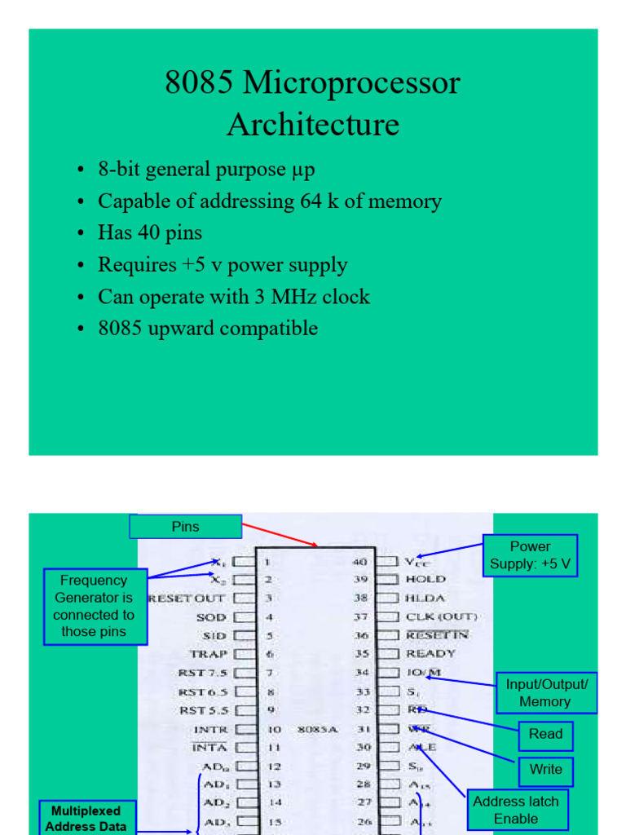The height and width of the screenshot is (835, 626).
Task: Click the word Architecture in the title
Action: point(313,125)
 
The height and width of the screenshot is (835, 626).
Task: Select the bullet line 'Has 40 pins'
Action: point(150,232)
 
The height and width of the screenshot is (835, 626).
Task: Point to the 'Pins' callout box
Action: point(186,527)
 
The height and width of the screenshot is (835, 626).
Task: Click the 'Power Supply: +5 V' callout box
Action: point(530,555)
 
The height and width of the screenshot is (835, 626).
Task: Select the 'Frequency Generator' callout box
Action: point(95,606)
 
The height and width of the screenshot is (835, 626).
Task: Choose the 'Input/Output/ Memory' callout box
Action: point(545,692)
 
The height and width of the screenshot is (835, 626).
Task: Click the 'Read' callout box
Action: point(545,735)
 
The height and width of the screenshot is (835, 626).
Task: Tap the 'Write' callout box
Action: point(545,770)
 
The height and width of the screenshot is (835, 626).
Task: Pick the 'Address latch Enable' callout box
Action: point(516,810)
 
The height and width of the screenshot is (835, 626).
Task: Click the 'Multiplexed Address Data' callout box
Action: point(86,818)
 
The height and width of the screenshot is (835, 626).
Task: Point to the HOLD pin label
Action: point(425,579)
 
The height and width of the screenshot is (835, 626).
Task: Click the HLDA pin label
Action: point(425,597)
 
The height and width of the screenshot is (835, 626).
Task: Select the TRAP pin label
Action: point(209,654)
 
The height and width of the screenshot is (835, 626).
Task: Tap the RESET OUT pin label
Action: point(187,598)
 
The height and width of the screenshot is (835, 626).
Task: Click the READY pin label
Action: point(431,653)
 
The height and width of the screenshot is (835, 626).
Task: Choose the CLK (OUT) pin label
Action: point(441,616)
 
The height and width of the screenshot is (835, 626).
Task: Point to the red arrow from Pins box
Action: point(280,536)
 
